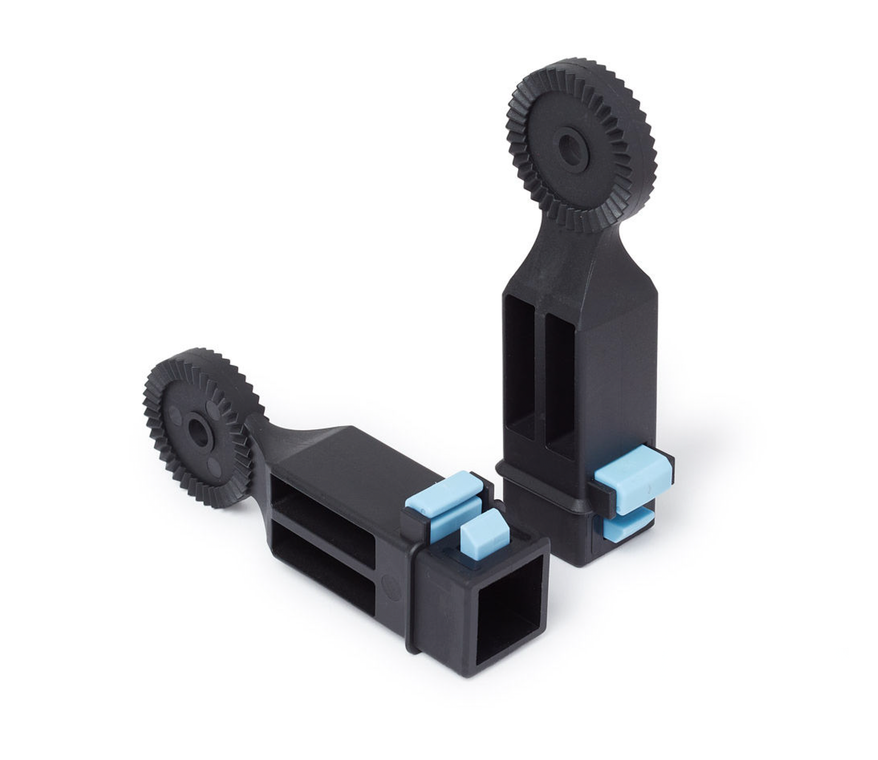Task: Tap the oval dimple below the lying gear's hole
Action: click(x=213, y=465)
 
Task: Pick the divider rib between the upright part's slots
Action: click(x=540, y=374)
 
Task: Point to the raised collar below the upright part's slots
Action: click(x=541, y=486)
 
